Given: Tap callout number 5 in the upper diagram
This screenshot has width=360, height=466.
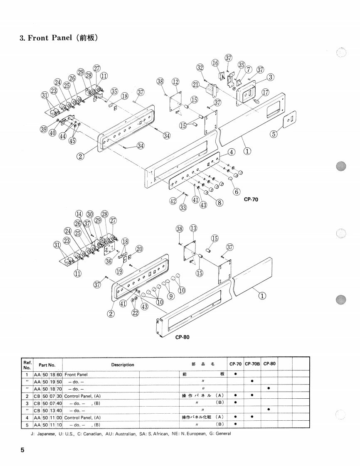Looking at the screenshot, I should (274, 134).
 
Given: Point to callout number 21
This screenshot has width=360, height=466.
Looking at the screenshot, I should (195, 85).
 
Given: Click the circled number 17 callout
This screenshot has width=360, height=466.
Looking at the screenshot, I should (265, 92).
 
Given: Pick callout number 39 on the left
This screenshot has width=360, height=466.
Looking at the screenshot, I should (44, 129).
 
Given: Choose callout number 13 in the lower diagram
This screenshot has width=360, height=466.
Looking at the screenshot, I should (193, 228).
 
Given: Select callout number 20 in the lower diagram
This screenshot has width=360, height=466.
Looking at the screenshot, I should (139, 249).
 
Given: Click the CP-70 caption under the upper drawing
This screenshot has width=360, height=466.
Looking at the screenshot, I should (251, 199).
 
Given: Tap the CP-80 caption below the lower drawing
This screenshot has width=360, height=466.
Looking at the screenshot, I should (182, 337).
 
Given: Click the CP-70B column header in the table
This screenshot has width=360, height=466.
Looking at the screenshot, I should (252, 364).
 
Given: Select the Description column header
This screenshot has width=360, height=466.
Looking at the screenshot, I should (123, 365).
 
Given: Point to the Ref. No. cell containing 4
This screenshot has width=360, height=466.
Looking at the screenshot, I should (27, 417).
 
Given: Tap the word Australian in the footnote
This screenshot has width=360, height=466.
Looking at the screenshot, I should (119, 434).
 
